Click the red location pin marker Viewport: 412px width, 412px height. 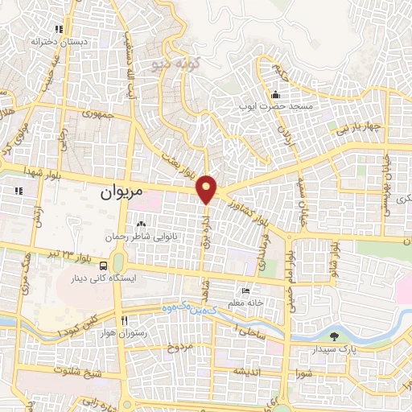208,188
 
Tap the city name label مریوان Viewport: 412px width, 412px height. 122,194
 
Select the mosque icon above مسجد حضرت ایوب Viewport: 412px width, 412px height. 275,93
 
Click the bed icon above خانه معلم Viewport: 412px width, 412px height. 245,290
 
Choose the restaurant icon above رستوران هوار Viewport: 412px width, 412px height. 124,320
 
